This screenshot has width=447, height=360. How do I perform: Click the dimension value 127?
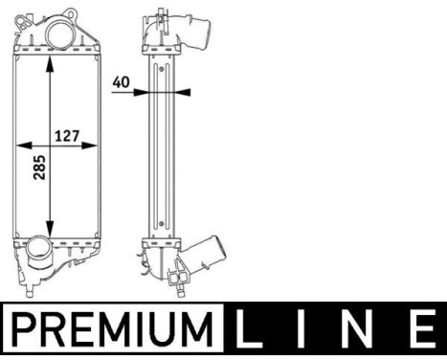coord(67,136)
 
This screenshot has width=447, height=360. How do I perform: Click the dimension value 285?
coord(40,168)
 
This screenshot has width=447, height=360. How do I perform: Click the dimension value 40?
coord(122,82)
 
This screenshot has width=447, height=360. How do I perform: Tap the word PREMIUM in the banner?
coord(112,328)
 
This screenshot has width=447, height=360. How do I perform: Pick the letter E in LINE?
coord(421,327)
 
